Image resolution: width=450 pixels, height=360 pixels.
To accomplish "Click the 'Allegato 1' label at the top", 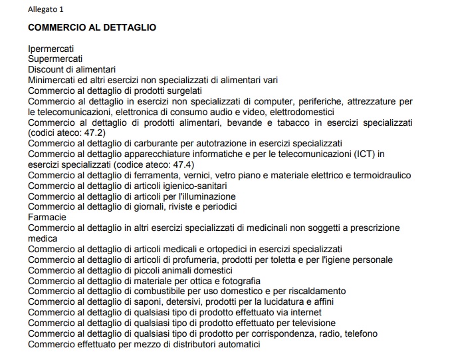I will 46,9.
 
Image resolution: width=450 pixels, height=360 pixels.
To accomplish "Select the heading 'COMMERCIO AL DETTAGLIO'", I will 92,28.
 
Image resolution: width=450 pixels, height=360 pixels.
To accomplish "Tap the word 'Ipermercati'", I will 51,49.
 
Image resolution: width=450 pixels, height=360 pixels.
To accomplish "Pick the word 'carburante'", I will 148,143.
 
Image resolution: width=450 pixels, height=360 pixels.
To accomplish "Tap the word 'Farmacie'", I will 47,217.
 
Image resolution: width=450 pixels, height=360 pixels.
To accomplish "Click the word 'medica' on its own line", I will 43,238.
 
